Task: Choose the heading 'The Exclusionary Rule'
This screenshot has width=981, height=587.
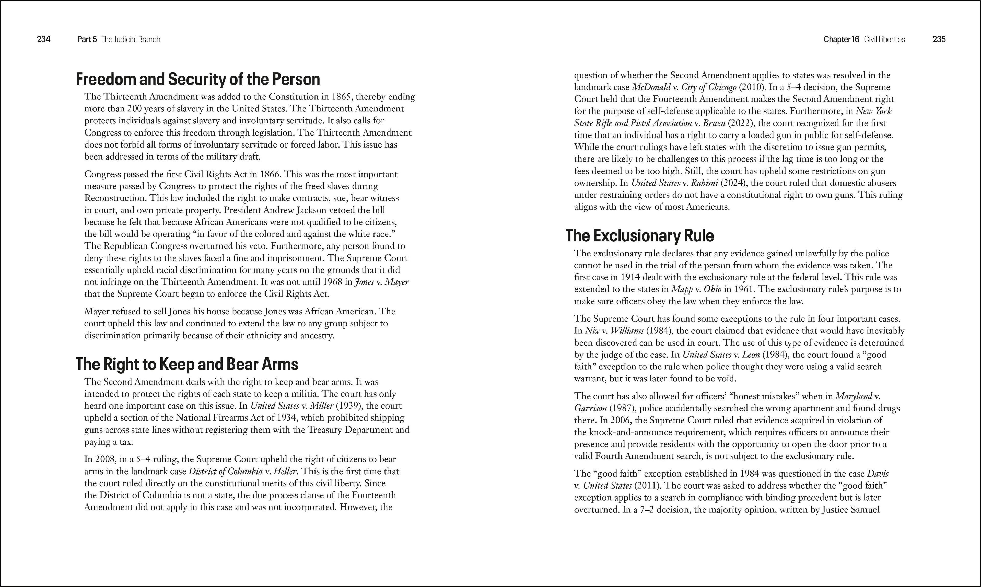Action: coord(639,236)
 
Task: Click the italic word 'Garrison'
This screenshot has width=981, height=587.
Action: coord(590,408)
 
